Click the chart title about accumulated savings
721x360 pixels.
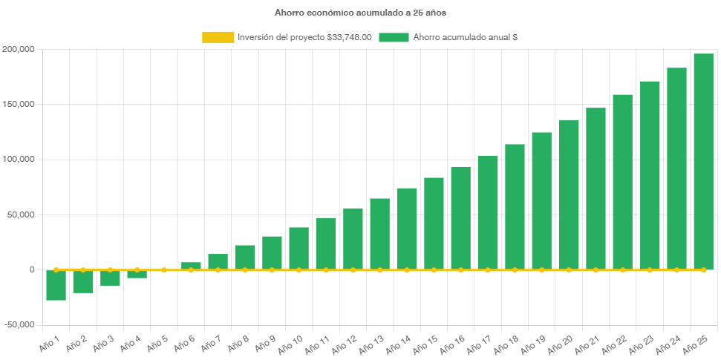360,13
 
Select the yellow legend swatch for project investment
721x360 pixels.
217,37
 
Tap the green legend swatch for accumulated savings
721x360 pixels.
394,37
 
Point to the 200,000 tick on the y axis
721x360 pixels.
19,49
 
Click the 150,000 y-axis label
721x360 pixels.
19,105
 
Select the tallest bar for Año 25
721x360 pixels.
703,162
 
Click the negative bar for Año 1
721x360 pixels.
56,285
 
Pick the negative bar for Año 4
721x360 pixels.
137,274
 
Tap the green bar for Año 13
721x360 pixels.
379,234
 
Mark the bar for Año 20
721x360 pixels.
569,195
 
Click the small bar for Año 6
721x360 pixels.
191,266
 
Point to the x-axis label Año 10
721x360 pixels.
290,344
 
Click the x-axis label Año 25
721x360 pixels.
695,344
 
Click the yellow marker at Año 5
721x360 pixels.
164,269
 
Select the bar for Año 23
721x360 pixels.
650,175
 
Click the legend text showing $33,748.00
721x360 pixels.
304,37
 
